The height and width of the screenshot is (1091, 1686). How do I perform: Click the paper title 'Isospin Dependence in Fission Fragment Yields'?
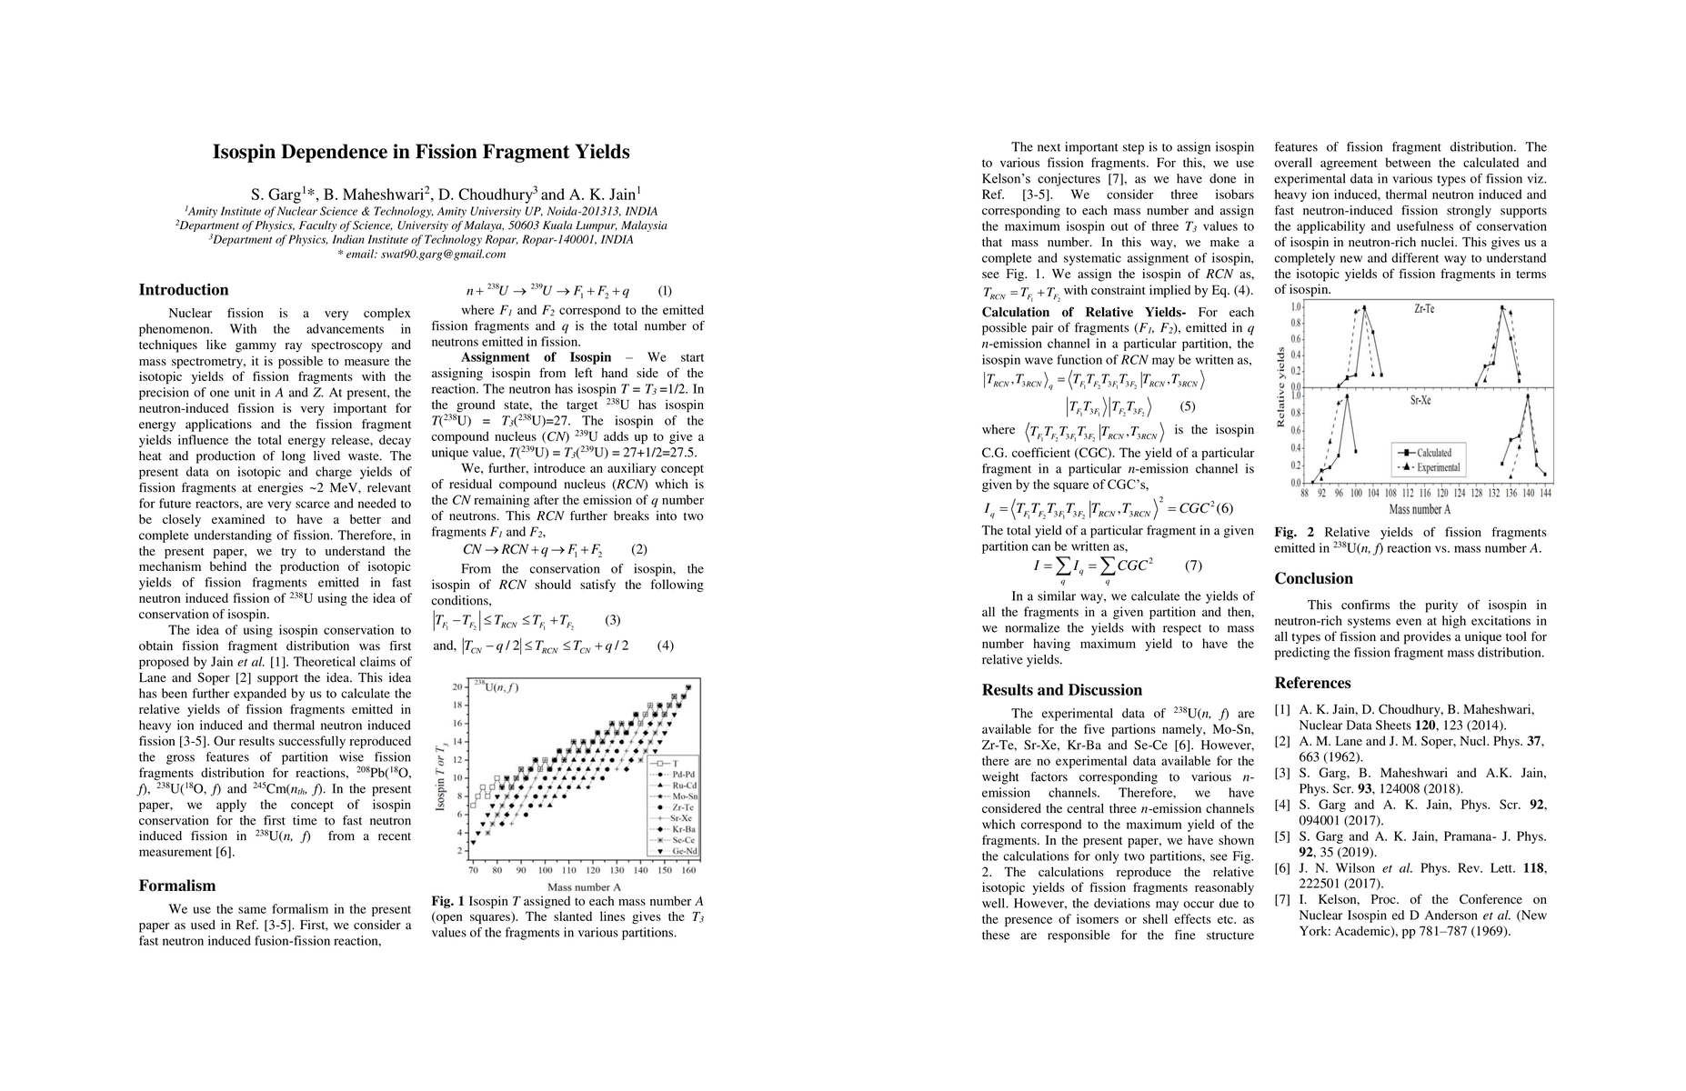421,153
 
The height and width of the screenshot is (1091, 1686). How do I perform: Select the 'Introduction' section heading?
184,290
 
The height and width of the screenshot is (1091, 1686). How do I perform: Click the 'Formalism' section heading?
177,886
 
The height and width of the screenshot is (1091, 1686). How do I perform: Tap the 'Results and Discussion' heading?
1062,690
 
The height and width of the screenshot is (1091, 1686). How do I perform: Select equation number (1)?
665,292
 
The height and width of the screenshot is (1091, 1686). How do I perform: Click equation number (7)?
1193,566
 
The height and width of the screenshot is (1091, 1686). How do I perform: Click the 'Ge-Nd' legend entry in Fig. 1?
684,852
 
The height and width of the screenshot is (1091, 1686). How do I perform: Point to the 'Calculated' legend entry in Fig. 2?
1434,453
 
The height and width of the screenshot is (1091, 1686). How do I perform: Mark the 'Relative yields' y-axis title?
1282,386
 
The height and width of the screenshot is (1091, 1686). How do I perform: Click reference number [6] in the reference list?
1281,868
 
